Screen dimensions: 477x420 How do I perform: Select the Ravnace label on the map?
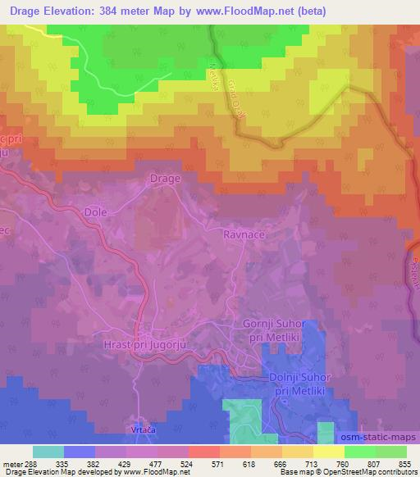pos(243,234)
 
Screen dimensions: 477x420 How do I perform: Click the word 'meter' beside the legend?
pos(14,464)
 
